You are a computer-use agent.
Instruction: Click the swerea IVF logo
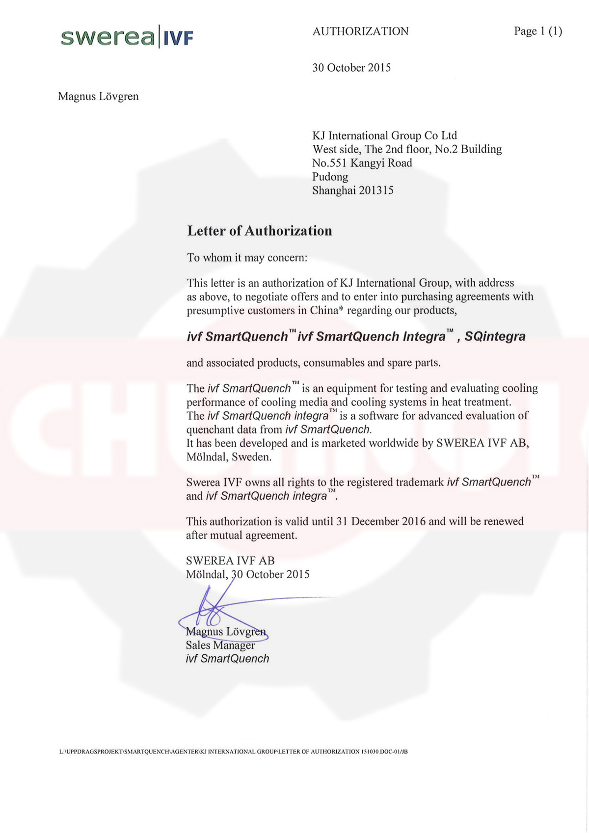[x=127, y=37]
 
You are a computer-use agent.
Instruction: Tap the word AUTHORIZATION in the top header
[x=360, y=31]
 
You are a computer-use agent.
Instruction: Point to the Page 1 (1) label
[x=537, y=31]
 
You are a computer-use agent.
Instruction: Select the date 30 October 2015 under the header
[x=351, y=68]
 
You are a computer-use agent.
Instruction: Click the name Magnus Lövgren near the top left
[x=98, y=96]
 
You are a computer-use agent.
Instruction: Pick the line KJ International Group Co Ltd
[x=384, y=135]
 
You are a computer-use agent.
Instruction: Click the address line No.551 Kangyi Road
[x=362, y=163]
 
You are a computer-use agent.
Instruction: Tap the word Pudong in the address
[x=330, y=177]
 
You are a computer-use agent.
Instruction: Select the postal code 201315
[x=376, y=190]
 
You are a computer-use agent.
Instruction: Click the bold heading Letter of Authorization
[x=259, y=231]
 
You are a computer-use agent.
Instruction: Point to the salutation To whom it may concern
[x=247, y=258]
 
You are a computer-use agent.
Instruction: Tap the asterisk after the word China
[x=341, y=310]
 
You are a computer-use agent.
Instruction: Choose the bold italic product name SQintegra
[x=495, y=337]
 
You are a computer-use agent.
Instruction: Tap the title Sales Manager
[x=220, y=645]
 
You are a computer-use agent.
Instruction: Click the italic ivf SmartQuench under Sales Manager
[x=227, y=659]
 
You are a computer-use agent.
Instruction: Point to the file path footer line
[x=233, y=752]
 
